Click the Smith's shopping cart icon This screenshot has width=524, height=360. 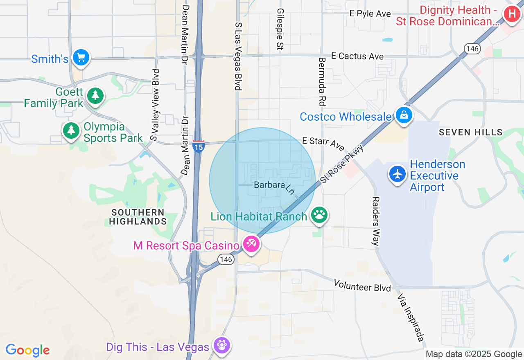[81, 58]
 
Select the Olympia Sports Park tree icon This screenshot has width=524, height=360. [72, 130]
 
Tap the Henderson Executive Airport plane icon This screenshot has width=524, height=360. [397, 174]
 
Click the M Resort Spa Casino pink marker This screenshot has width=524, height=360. [251, 244]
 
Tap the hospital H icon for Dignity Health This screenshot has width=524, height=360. [512, 14]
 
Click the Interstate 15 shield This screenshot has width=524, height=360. [199, 146]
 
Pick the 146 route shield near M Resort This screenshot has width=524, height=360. [226, 259]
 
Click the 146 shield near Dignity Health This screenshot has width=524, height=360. [472, 49]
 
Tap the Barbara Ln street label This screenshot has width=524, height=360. [274, 187]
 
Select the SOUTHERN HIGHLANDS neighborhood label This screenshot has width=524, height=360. [138, 217]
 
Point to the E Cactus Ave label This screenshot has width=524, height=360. [357, 56]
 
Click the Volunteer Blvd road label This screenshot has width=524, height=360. [362, 286]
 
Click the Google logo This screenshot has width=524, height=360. [27, 350]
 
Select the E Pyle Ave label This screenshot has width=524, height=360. [370, 13]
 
